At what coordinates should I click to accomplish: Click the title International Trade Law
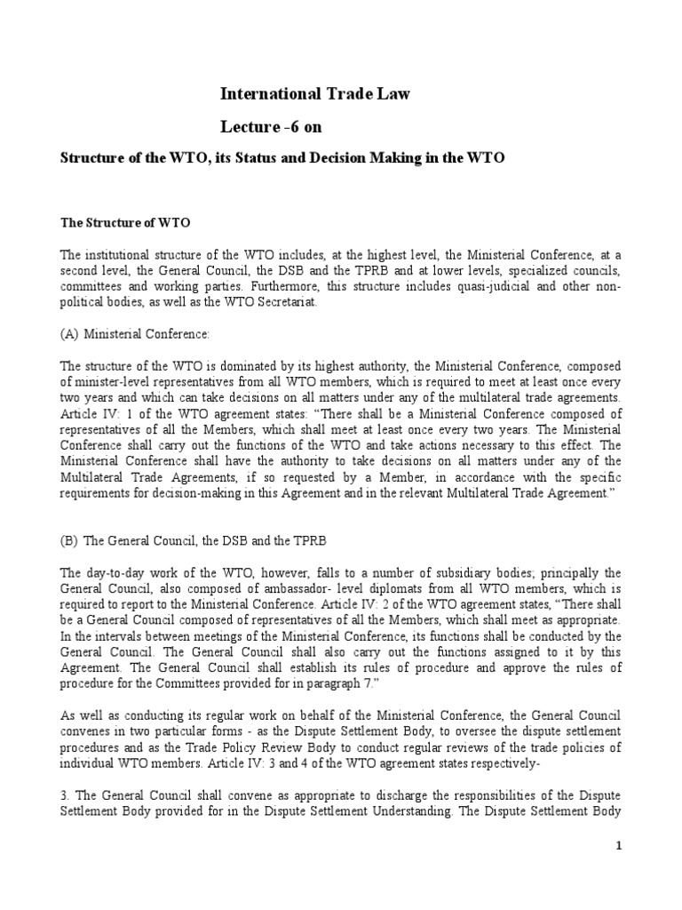314,94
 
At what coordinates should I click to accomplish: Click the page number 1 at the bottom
620,847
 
